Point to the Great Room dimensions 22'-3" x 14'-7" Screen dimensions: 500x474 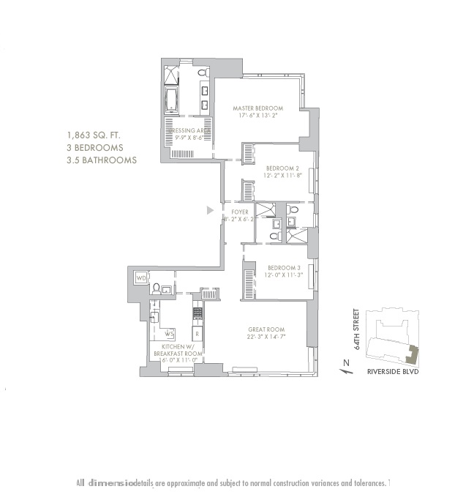[266, 337]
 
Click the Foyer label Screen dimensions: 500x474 [240, 212]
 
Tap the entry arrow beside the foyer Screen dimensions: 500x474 [210, 211]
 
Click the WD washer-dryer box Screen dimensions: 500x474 [141, 278]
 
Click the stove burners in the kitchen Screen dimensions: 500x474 [197, 313]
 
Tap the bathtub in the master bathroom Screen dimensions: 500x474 [172, 99]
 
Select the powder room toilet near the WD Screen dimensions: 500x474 [156, 288]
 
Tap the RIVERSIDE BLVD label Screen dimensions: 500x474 [396, 371]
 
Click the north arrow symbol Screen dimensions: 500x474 [343, 365]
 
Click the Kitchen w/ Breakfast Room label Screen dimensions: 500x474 [177, 350]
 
